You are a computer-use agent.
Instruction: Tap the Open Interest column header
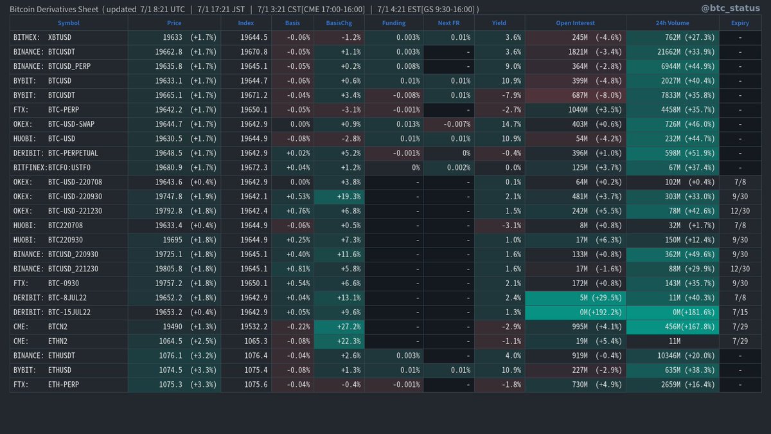click(x=575, y=23)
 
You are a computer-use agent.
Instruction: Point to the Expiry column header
click(x=740, y=23)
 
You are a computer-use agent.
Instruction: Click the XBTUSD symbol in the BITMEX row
click(x=60, y=37)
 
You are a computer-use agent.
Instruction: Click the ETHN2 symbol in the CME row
click(x=60, y=341)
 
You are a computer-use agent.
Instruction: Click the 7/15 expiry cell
click(x=740, y=312)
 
